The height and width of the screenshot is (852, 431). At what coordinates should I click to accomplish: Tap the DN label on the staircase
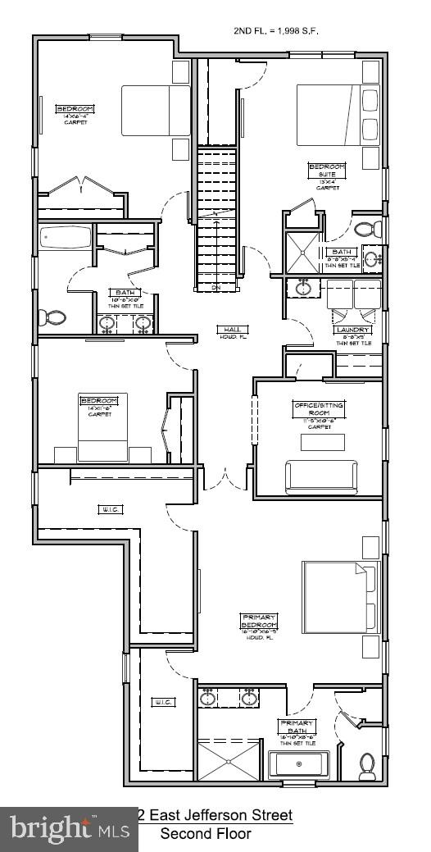[216, 288]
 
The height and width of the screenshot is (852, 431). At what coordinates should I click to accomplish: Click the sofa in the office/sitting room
[321, 476]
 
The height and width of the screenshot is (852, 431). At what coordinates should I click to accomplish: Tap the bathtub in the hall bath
[65, 239]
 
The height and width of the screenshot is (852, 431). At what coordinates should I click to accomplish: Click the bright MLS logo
[69, 828]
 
